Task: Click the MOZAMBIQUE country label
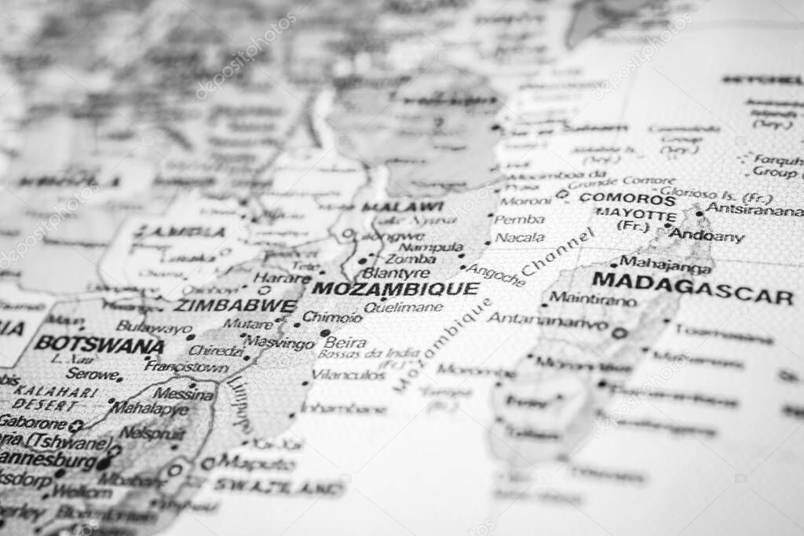pos(395,288)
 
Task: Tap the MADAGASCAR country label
pos(692,287)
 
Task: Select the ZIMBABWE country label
pos(235,305)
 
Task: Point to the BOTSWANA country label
pos(99,344)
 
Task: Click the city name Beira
pos(345,342)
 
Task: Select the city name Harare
pos(282,278)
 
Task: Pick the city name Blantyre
pos(397,273)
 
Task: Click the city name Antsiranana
pos(754,210)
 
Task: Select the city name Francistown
pos(187,366)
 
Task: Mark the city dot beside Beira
pos(325,333)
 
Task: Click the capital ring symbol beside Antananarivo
pos(619,333)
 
